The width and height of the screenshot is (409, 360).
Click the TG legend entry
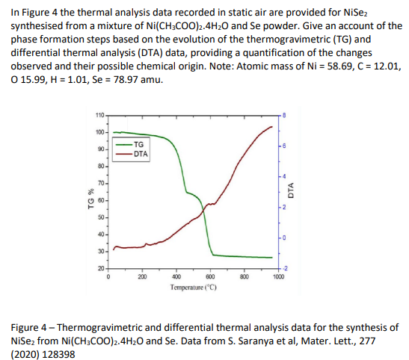click(x=138, y=144)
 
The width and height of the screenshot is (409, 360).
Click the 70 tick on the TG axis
click(x=102, y=182)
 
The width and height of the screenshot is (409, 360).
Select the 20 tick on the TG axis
click(x=102, y=268)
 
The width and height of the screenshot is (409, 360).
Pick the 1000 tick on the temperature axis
click(x=278, y=276)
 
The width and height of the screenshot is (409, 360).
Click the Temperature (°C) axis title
click(x=192, y=287)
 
